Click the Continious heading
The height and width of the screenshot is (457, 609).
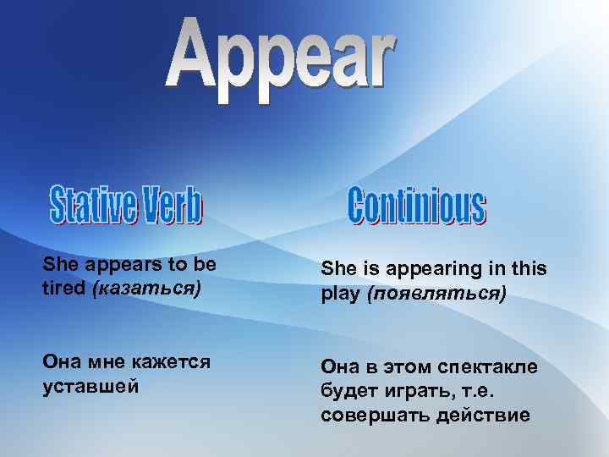coord(417,206)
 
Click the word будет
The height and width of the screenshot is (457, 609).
coord(347,390)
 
